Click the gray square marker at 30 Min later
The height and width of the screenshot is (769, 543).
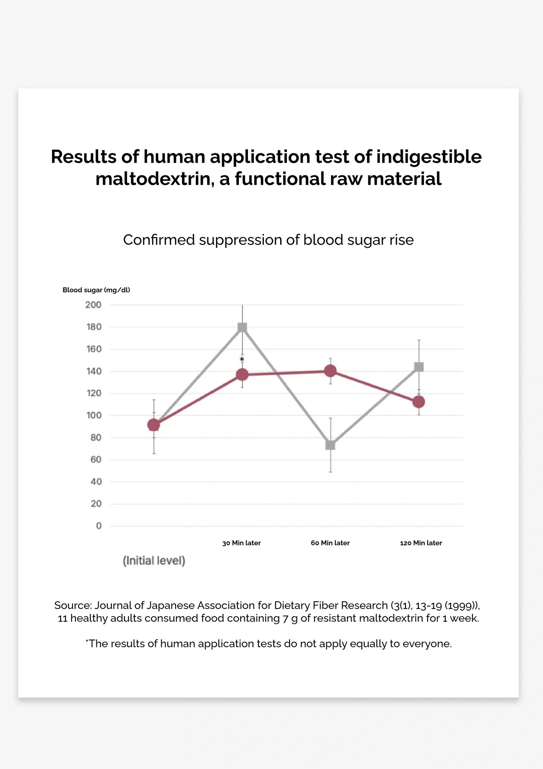coord(242,328)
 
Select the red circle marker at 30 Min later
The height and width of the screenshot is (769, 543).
coord(242,375)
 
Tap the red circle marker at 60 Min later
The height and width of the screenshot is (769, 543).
coord(330,371)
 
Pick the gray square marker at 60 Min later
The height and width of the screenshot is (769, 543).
coord(330,445)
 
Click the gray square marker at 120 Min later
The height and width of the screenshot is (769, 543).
coord(419,367)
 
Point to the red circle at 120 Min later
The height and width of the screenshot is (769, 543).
coord(419,402)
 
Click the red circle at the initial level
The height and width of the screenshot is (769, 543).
coord(154,425)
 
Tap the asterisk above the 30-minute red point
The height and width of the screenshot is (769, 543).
coord(242,360)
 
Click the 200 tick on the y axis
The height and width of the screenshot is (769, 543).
coord(93,305)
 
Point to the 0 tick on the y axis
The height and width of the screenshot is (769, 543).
coord(99,526)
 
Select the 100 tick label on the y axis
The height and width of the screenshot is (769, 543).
coord(94,415)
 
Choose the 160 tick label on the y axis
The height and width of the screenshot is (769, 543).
coord(94,349)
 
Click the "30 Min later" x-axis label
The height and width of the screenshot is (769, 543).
coord(242,543)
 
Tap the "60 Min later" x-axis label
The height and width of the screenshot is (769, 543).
coord(330,543)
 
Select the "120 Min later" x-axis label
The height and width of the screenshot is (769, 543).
coord(421,543)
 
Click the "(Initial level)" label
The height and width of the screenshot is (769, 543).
coord(154,561)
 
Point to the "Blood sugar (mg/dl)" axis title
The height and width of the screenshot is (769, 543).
coord(96,290)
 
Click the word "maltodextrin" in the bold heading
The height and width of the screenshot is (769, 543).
coord(154,179)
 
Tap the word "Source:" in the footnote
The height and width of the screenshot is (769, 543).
coord(73,605)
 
